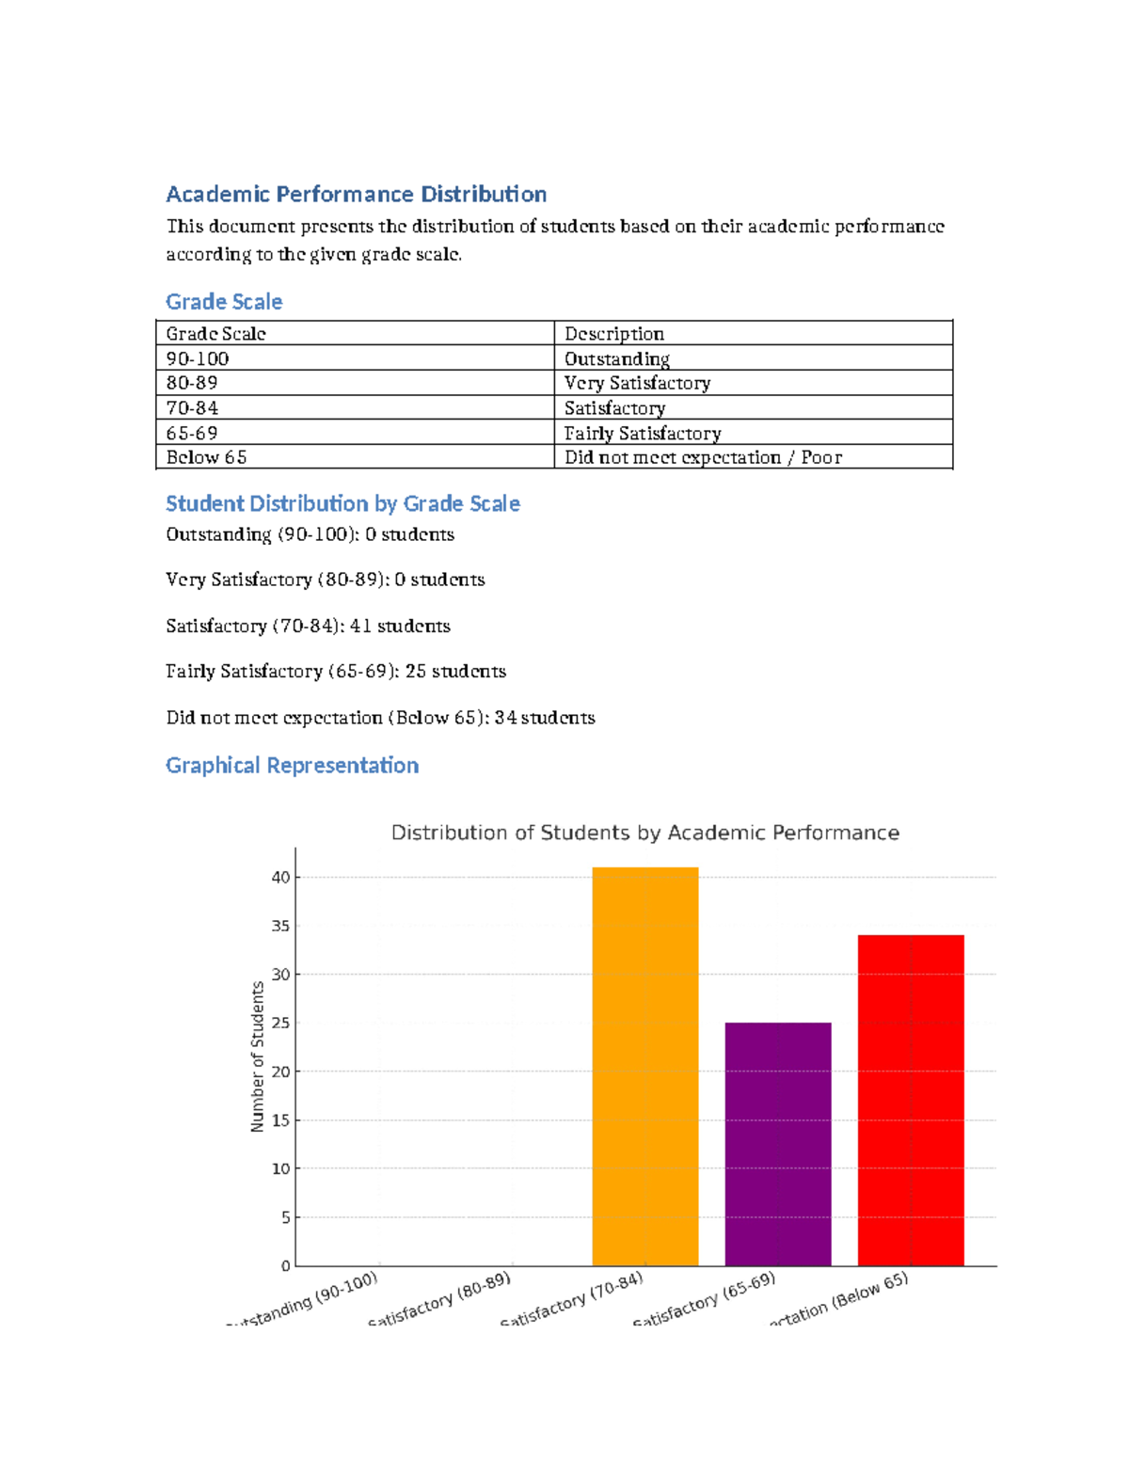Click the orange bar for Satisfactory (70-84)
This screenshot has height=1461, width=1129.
coord(644,1066)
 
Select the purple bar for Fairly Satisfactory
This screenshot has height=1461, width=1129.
coord(778,1143)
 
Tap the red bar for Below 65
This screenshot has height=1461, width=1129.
coord(911,1100)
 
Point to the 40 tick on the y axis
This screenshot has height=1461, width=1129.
coord(280,877)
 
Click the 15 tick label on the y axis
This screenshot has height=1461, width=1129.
coord(280,1120)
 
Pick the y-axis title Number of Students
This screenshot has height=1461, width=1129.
coord(258,1056)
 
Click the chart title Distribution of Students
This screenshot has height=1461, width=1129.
coord(644,833)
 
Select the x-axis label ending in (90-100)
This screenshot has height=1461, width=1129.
coord(306,1300)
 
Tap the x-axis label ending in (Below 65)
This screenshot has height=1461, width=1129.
coord(840,1299)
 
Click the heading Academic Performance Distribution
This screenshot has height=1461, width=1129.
coord(356,194)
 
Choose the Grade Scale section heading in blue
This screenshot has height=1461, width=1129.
coord(224,301)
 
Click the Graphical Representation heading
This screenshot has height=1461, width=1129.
coord(292,765)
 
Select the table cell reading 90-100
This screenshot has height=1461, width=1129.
coord(198,358)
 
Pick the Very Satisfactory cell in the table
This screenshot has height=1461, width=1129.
coord(637,383)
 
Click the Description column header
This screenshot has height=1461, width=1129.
coord(614,333)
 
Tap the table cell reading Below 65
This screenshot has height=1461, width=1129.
coord(206,457)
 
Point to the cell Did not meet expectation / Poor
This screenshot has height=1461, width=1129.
coord(703,457)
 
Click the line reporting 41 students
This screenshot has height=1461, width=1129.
coord(308,626)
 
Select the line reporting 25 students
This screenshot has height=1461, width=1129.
coord(336,671)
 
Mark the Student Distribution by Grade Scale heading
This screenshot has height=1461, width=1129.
coord(342,503)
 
